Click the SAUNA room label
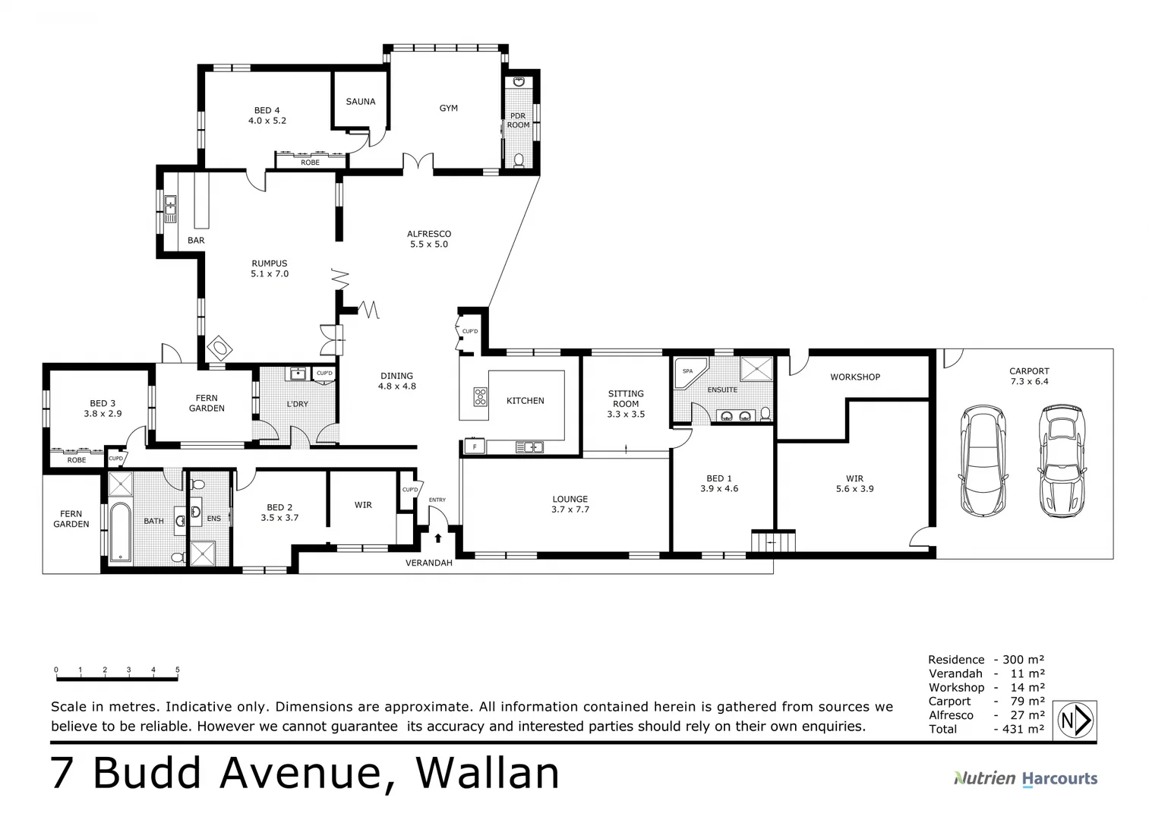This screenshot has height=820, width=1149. pyautogui.click(x=360, y=102)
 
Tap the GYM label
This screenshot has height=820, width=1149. pyautogui.click(x=448, y=109)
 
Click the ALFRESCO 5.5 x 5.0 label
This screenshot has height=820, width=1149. pyautogui.click(x=428, y=239)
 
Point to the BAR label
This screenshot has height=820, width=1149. pyautogui.click(x=196, y=241)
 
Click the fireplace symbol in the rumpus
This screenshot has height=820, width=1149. pyautogui.click(x=219, y=348)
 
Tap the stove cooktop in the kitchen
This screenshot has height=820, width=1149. pyautogui.click(x=481, y=396)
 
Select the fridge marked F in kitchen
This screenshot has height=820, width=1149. pyautogui.click(x=475, y=447)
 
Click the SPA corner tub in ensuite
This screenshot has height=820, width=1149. pyautogui.click(x=689, y=372)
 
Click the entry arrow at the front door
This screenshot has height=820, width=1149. pyautogui.click(x=438, y=538)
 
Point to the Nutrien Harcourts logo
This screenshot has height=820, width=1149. pyautogui.click(x=1025, y=778)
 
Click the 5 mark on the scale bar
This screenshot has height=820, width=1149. pyautogui.click(x=178, y=670)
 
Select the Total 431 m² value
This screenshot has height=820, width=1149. pyautogui.click(x=1019, y=730)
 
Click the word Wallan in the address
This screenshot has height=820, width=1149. pyautogui.click(x=488, y=774)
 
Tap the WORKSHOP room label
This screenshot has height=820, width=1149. pyautogui.click(x=854, y=377)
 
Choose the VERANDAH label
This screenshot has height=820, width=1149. pyautogui.click(x=428, y=563)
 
